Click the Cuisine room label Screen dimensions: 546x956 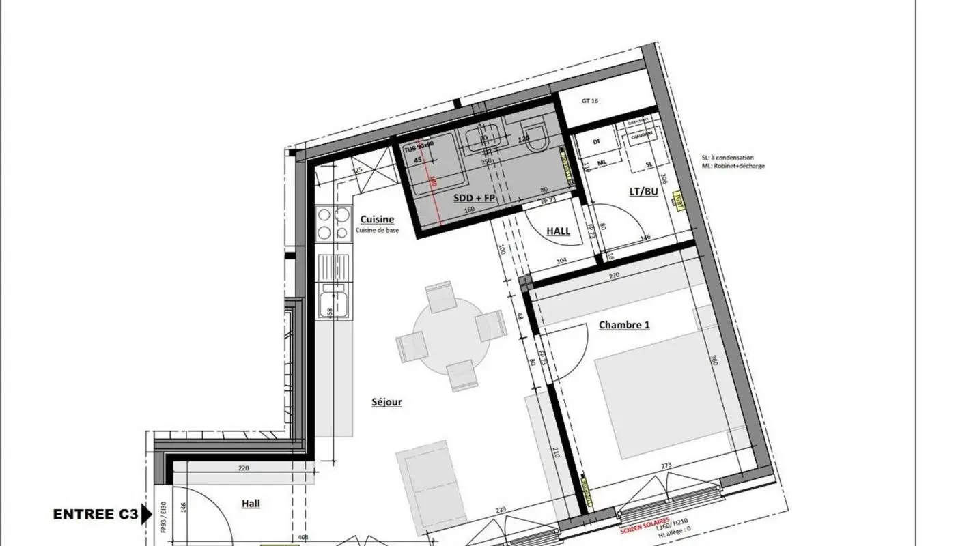(377, 219)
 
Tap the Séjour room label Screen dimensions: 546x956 (386, 402)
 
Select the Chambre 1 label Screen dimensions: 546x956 (623, 325)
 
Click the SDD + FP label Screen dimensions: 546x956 (474, 198)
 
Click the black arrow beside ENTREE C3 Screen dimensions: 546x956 (146, 514)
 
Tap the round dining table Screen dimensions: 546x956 (451, 336)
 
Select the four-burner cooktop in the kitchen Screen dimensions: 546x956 (333, 224)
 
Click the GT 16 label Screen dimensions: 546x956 (590, 100)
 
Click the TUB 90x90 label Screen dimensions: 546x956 (419, 147)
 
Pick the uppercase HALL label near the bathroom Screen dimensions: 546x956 (558, 231)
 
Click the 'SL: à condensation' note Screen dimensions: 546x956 (727, 158)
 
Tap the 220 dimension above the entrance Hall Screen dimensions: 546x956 (244, 468)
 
